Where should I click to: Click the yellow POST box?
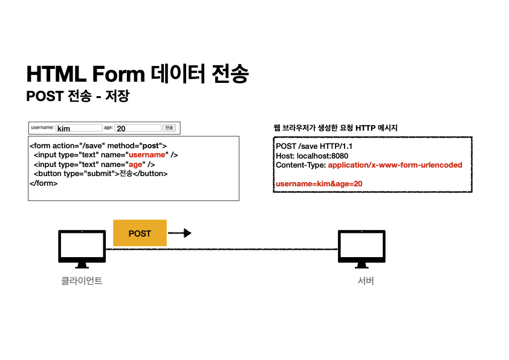140,233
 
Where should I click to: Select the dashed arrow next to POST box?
180,233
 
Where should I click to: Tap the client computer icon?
82,248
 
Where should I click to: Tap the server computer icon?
361,248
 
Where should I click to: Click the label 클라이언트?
82,281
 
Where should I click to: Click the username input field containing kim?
79,128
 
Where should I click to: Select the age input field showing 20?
138,128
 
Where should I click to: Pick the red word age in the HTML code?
134,164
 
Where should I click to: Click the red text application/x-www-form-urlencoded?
395,165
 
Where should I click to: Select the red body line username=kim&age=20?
319,183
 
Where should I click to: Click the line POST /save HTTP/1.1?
314,146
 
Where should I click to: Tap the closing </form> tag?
44,183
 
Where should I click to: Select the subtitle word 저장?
117,96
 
